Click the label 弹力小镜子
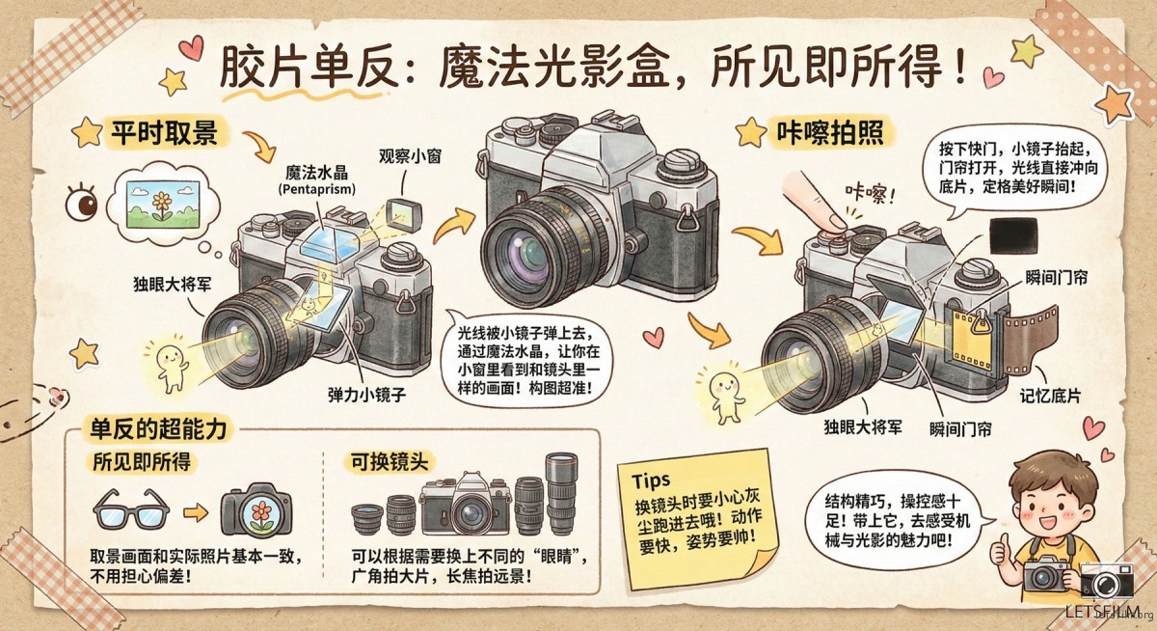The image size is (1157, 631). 365,395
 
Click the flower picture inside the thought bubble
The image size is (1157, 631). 157,201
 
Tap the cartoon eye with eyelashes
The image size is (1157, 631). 84,203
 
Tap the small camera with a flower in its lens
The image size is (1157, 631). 256,508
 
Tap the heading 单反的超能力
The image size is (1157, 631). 158,429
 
